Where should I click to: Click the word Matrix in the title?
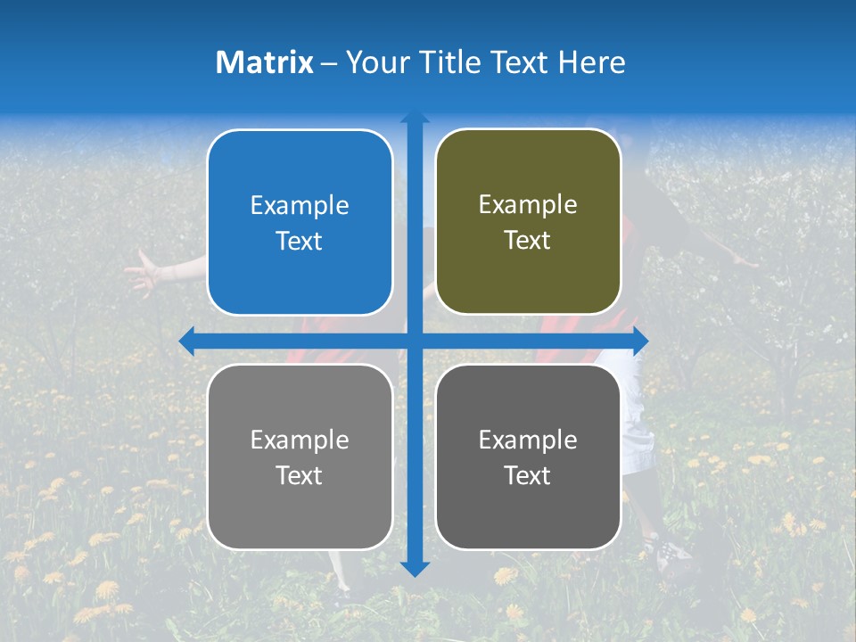[265, 62]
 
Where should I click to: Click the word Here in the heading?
[591, 62]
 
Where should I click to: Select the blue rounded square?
[300, 222]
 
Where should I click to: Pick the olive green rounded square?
[528, 222]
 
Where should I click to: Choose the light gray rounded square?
[300, 457]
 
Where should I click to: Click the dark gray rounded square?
[528, 457]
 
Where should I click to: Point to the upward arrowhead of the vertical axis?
[415, 116]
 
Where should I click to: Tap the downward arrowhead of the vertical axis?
[415, 569]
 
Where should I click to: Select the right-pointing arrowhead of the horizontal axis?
[641, 341]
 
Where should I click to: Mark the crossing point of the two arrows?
[415, 341]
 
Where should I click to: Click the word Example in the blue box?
[300, 205]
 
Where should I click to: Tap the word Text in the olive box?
[528, 240]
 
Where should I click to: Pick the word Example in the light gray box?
[300, 440]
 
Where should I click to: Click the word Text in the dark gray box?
[528, 475]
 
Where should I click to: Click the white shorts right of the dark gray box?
[637, 419]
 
